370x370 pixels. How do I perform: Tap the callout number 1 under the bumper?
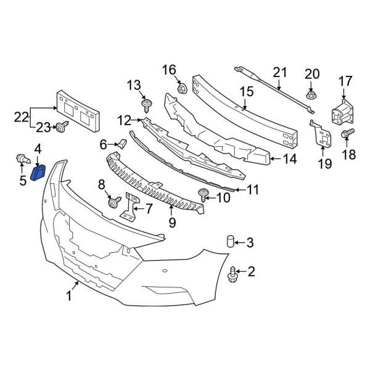pos(70,297)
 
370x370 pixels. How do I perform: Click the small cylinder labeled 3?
pos(229,242)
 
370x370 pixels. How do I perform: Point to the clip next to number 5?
pos(21,162)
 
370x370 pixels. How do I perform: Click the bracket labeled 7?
pos(129,207)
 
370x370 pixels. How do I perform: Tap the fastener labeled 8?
pos(113,202)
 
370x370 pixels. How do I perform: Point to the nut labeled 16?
pos(182,88)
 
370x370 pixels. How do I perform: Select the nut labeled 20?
pos(311,94)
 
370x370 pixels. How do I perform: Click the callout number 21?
pos(281,73)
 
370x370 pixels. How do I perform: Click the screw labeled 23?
pos(62,128)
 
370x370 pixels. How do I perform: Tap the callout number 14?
pos(290,158)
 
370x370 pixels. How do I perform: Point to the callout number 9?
pos(172,221)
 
